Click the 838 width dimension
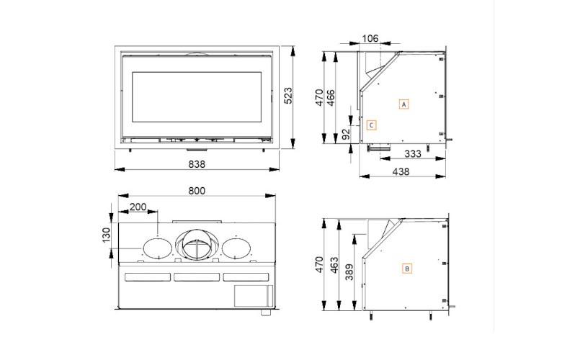click(197, 164)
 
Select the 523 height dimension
click(289, 99)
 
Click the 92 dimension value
click(346, 133)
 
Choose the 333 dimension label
click(413, 154)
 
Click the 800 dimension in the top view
click(196, 191)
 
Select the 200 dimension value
click(138, 207)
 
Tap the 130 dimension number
click(106, 235)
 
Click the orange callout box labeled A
click(404, 104)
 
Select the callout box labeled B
click(407, 269)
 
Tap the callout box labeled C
click(370, 125)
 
